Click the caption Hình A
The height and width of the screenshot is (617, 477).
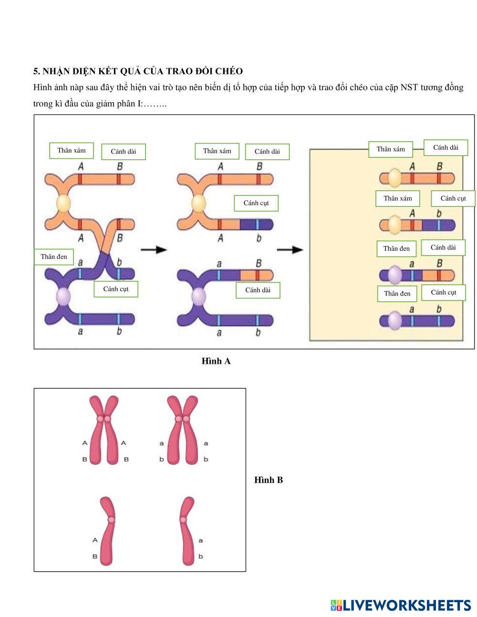pos(216,361)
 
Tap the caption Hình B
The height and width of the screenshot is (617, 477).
pos(269,480)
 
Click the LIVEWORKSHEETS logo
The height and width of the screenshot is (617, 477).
pos(401,605)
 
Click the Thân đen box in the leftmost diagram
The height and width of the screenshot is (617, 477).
pos(54,257)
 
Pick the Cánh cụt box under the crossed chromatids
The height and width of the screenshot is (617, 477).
pos(116,288)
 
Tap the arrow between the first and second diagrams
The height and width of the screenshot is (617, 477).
pos(154,250)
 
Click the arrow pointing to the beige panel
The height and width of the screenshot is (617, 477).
pos(290,249)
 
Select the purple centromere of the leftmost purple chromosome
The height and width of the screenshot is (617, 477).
pos(63,297)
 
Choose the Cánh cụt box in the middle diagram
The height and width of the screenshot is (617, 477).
pos(256,203)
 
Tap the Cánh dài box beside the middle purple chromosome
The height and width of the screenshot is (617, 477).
pos(258,290)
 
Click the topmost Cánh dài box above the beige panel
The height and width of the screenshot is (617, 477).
pos(446,147)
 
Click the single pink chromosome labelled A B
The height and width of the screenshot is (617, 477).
pos(108,530)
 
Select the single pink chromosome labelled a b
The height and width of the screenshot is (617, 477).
pos(187,530)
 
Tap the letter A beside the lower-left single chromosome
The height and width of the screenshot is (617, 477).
pos(95,540)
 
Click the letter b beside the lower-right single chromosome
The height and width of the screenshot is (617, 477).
pos(200,556)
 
